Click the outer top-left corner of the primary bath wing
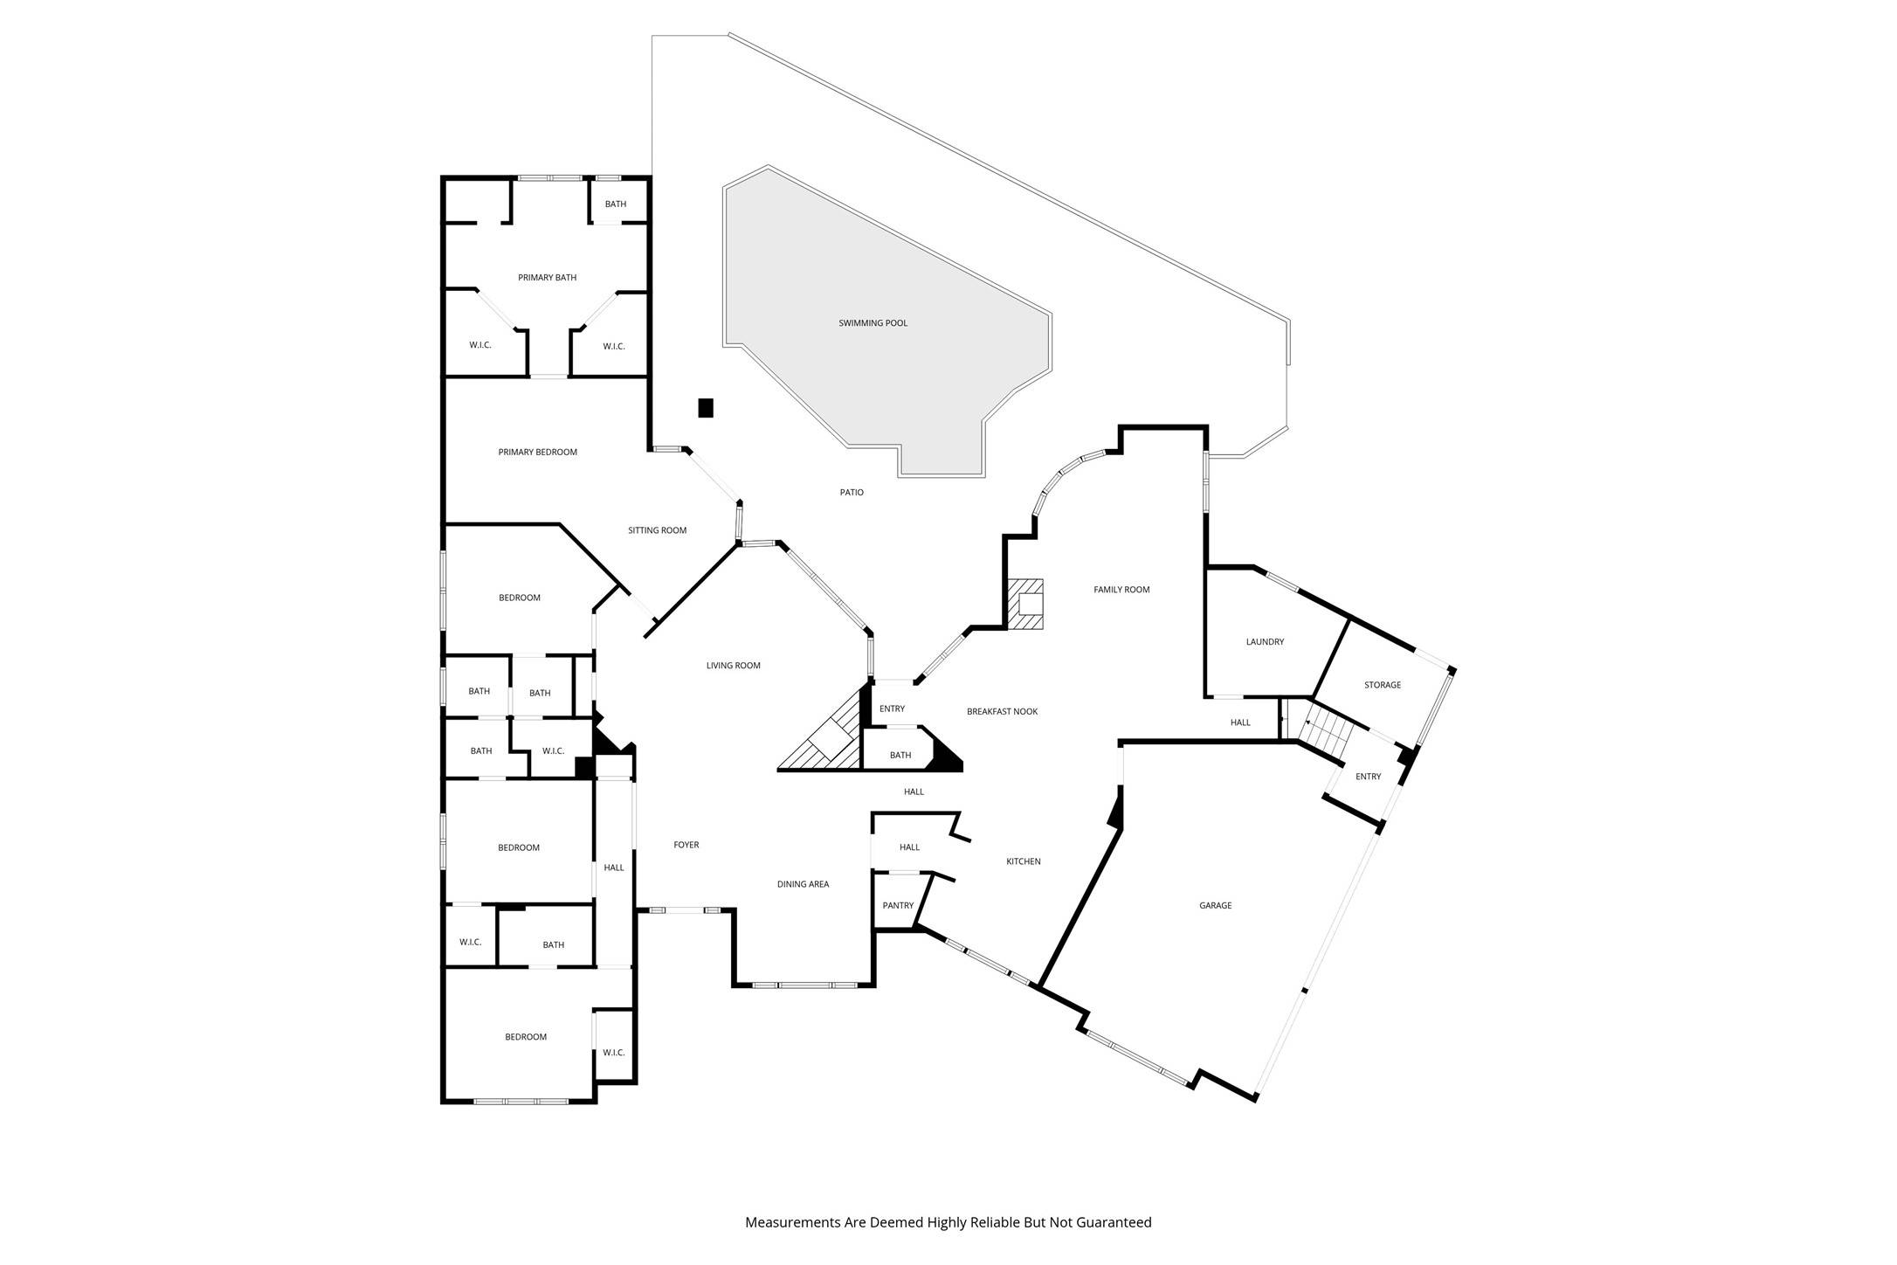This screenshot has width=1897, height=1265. tap(442, 177)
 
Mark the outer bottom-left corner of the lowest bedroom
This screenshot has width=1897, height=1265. tap(442, 1103)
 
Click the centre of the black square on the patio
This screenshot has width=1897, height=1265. tap(706, 408)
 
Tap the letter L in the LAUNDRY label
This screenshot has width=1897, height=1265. tap(1248, 642)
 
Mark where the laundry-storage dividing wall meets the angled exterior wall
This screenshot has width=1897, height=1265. tap(1349, 619)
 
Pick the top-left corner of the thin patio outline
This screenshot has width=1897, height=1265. tap(653, 36)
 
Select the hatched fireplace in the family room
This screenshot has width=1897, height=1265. tap(1025, 604)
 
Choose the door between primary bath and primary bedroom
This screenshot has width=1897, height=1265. tap(548, 377)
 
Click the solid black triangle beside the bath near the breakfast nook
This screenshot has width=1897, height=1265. tap(945, 753)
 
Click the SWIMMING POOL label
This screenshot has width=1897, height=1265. tap(873, 323)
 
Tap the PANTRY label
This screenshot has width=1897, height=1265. tap(898, 905)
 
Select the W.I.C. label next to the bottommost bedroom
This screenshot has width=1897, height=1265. tap(614, 1052)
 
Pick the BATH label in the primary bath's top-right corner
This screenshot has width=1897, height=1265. tap(616, 204)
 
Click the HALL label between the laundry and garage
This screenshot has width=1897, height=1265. tap(1240, 722)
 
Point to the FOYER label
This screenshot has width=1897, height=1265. tap(686, 845)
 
